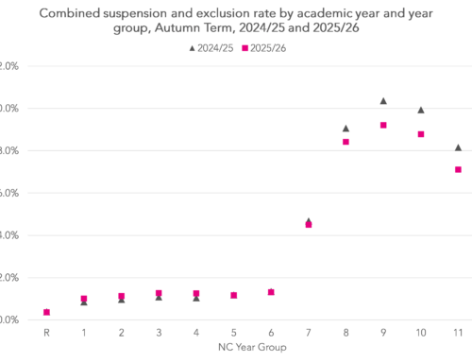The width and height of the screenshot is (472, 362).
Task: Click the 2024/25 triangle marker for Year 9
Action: [x=383, y=101]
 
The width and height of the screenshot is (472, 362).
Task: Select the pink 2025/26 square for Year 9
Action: [x=383, y=126]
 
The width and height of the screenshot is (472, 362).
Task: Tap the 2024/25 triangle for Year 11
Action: [x=458, y=147]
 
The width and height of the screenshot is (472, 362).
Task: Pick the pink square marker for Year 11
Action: [x=458, y=169]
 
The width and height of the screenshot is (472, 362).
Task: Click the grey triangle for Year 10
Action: [x=421, y=111]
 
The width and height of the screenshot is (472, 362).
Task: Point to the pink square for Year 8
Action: [x=346, y=142]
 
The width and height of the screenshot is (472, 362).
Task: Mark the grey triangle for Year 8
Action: [x=346, y=129]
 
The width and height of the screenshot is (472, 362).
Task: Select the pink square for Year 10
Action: [x=421, y=134]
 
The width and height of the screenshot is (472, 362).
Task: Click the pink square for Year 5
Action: [x=233, y=295]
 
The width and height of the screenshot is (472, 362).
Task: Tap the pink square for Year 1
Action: [x=84, y=299]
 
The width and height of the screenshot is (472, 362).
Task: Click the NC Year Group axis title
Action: [x=251, y=348]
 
